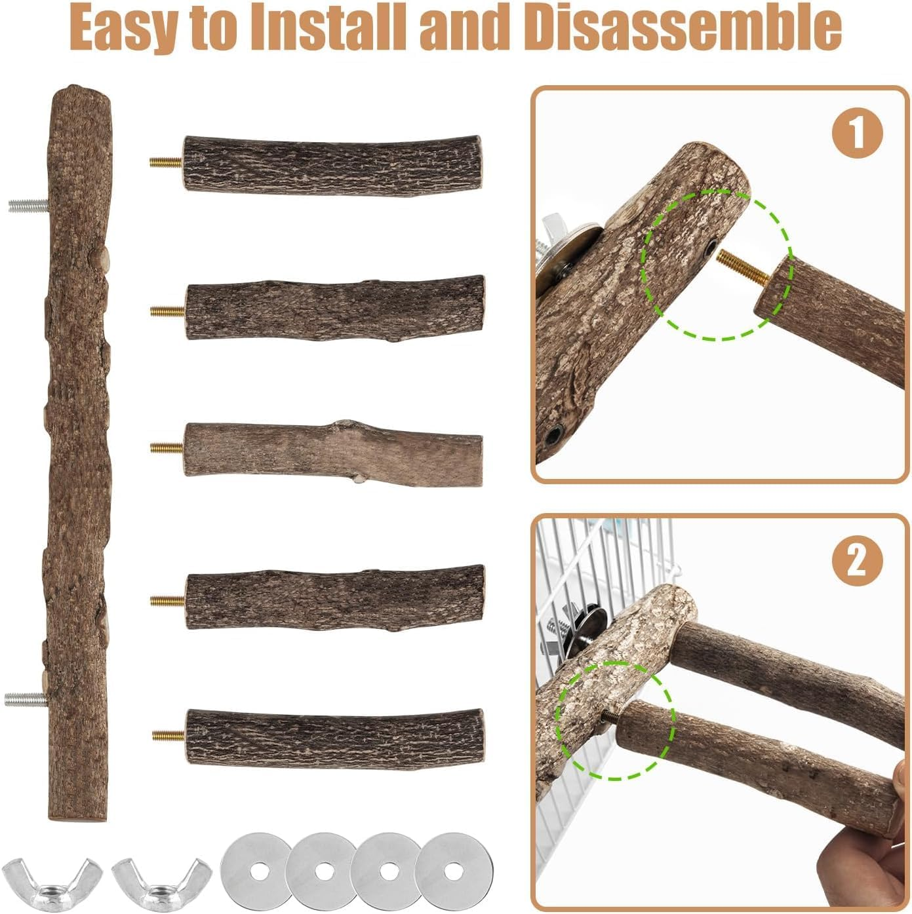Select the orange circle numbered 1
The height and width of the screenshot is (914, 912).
click(x=857, y=133)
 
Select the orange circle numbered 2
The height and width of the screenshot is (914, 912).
click(x=857, y=561)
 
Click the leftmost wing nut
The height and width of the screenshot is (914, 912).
click(x=52, y=878)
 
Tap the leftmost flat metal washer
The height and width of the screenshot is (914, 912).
click(x=255, y=870)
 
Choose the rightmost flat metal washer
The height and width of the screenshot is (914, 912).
click(x=450, y=870)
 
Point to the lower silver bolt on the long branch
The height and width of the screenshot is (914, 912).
click(x=26, y=699)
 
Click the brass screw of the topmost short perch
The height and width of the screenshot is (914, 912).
click(x=166, y=162)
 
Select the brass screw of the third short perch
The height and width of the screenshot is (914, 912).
click(x=167, y=447)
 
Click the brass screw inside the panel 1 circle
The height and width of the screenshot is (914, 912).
click(x=743, y=267)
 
